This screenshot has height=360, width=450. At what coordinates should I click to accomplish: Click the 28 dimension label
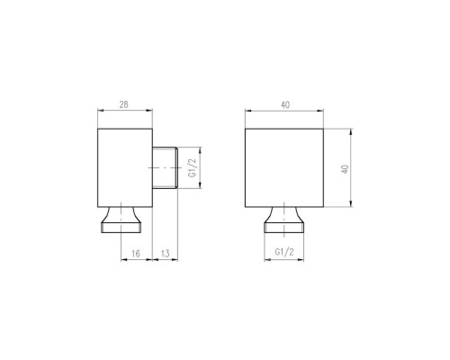(123, 104)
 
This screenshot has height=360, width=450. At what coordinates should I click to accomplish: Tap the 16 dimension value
(136, 254)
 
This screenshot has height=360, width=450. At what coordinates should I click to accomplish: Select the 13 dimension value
(166, 254)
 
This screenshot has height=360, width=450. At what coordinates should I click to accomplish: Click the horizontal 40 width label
(285, 105)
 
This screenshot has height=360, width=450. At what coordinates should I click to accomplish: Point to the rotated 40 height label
(345, 169)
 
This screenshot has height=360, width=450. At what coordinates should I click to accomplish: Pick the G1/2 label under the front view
(284, 252)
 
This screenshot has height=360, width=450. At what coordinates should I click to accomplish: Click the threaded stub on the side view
(165, 167)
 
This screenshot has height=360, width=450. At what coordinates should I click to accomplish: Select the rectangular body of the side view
(125, 167)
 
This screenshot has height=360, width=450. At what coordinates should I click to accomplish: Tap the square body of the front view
(284, 167)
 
